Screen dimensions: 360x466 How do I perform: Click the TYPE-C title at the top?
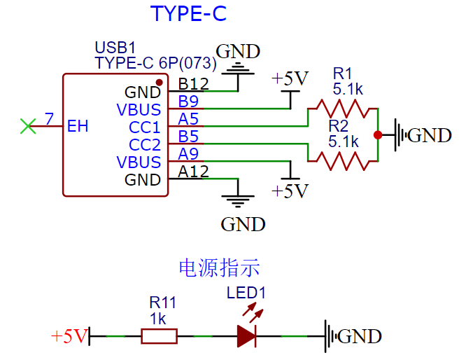[189, 14]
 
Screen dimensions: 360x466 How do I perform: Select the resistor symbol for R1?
[342, 109]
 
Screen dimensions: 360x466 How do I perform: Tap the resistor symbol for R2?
[342, 161]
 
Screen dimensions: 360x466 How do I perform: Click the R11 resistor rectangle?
[159, 336]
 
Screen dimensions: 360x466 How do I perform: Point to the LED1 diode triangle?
[246, 336]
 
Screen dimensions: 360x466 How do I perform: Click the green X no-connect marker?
[28, 126]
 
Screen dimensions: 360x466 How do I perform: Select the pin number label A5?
[188, 118]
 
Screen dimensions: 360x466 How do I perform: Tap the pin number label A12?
[193, 170]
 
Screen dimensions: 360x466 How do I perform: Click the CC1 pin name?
[145, 127]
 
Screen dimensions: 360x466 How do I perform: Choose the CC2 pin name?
[145, 145]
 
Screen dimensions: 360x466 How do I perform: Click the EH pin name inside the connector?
[78, 127]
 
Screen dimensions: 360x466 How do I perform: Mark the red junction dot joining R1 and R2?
[378, 134]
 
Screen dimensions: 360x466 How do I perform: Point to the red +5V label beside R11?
[69, 336]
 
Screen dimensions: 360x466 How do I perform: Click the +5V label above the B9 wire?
[290, 78]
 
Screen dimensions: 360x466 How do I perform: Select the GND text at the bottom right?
[360, 336]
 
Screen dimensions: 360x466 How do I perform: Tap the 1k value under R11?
[157, 319]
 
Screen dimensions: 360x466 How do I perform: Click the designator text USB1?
[115, 48]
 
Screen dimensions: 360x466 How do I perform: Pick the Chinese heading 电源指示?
[219, 268]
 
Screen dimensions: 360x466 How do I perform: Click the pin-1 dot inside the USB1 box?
[160, 83]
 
